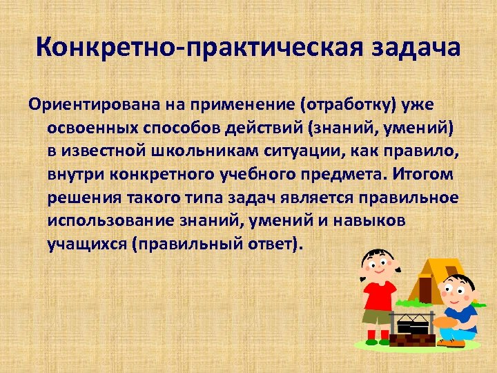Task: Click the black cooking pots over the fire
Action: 413,325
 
